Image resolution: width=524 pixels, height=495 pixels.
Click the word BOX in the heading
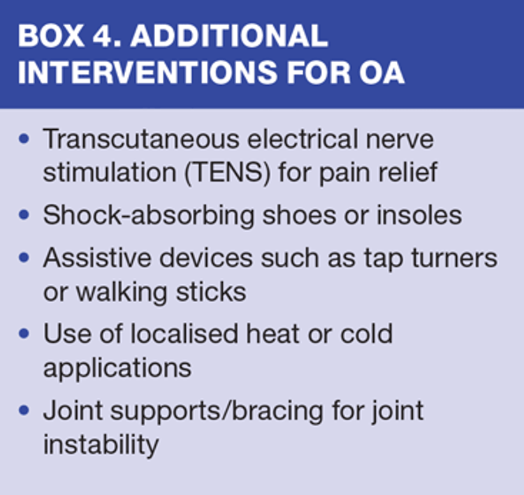point(51,36)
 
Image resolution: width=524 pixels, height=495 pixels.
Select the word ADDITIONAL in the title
point(229,36)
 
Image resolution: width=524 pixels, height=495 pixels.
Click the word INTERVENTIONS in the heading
point(147,72)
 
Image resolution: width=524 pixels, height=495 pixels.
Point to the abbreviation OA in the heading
point(381,72)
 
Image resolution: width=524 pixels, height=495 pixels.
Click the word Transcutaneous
point(141,139)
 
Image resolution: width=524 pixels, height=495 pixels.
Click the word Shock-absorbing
point(149,216)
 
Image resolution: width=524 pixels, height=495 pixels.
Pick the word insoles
point(419,215)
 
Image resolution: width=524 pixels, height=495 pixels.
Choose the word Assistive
point(98,258)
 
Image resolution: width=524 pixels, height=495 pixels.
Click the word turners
point(454,258)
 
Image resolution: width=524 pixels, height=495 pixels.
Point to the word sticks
point(211,292)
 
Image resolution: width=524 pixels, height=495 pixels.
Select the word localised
point(184,333)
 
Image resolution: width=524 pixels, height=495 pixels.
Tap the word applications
point(117,369)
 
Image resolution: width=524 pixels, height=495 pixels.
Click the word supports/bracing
point(217,411)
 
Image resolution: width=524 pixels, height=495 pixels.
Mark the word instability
point(101,445)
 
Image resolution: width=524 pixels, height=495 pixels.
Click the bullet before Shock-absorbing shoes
point(24,214)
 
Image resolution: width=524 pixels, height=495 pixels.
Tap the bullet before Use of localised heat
point(24,333)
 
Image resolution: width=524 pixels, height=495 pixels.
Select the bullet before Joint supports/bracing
point(24,410)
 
